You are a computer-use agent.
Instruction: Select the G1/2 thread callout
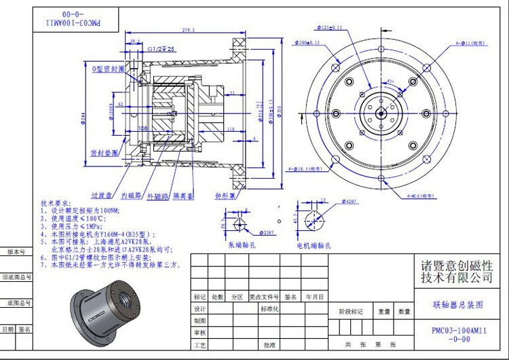(x=161, y=50)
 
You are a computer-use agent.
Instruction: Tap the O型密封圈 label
(x=109, y=69)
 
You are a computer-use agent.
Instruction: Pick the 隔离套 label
(x=182, y=195)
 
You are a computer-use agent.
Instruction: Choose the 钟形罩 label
(x=225, y=196)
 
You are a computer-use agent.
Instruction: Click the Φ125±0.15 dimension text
(x=328, y=27)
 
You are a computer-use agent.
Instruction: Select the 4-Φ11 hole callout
(x=473, y=42)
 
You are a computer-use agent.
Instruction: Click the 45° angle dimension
(x=390, y=81)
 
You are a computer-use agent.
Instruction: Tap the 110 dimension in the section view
(x=230, y=128)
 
